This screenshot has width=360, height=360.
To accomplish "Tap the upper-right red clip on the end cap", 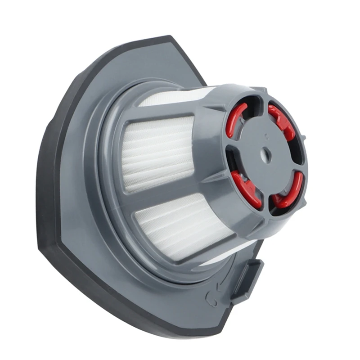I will click(x=282, y=121).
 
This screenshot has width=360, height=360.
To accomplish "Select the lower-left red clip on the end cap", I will click(x=246, y=189).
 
